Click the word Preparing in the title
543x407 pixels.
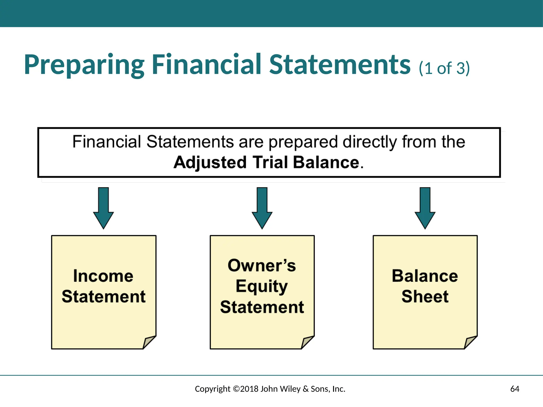(84, 65)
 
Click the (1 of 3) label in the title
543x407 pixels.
(444, 68)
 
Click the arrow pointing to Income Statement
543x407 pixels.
(103, 208)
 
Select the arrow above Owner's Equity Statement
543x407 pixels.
(262, 208)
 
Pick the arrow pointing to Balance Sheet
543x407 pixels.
(425, 208)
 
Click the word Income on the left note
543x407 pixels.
(103, 276)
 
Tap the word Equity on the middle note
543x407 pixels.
(262, 286)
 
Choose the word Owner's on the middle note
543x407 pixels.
(262, 266)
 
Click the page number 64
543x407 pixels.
(515, 389)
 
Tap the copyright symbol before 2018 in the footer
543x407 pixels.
(236, 389)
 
